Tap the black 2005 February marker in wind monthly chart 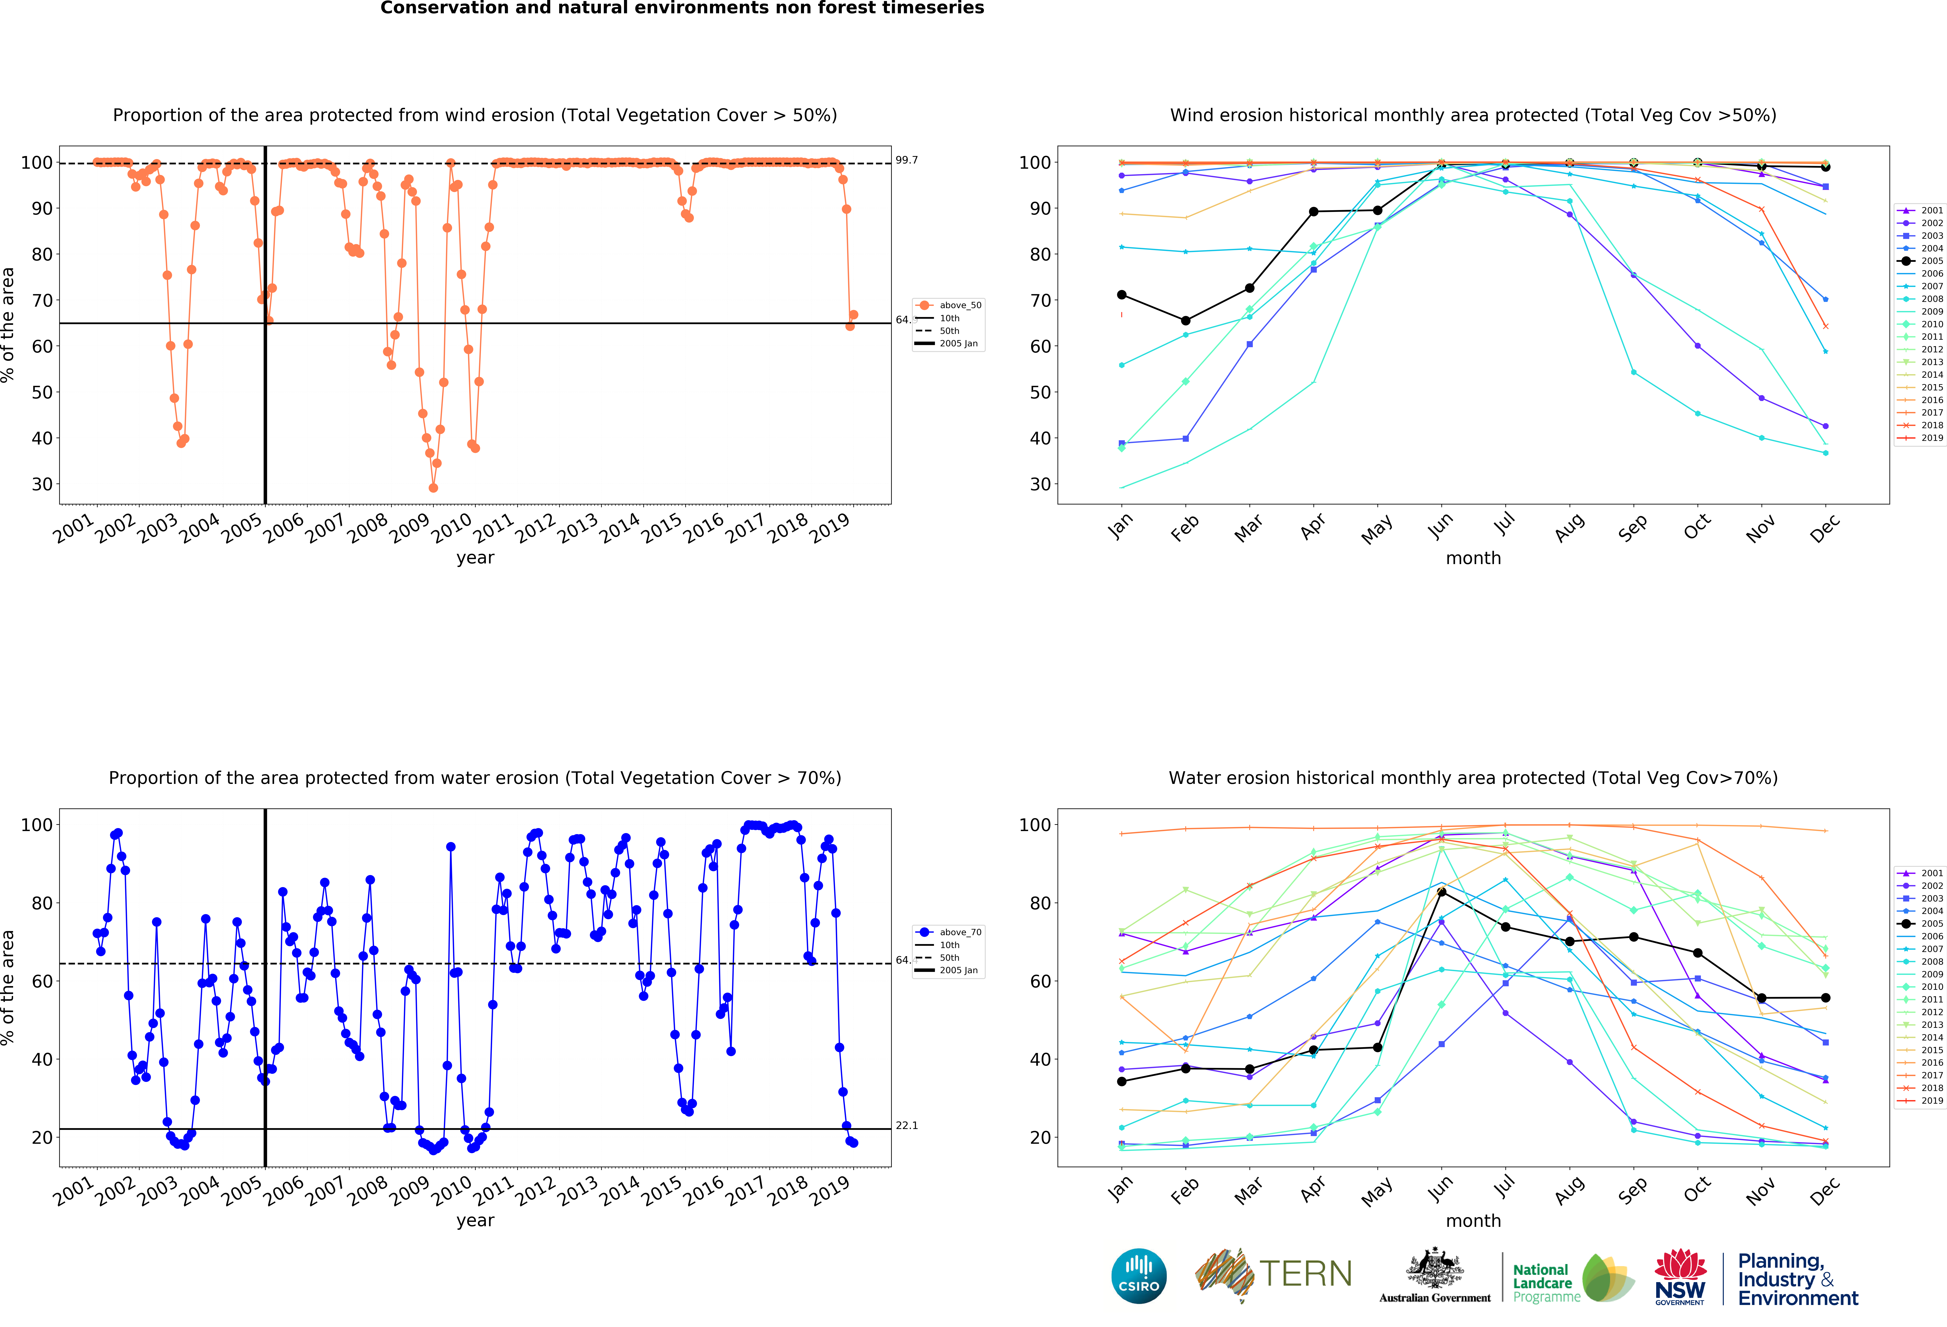tap(1185, 321)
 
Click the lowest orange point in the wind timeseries tap(433, 488)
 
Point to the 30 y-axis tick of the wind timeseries tap(42, 484)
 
